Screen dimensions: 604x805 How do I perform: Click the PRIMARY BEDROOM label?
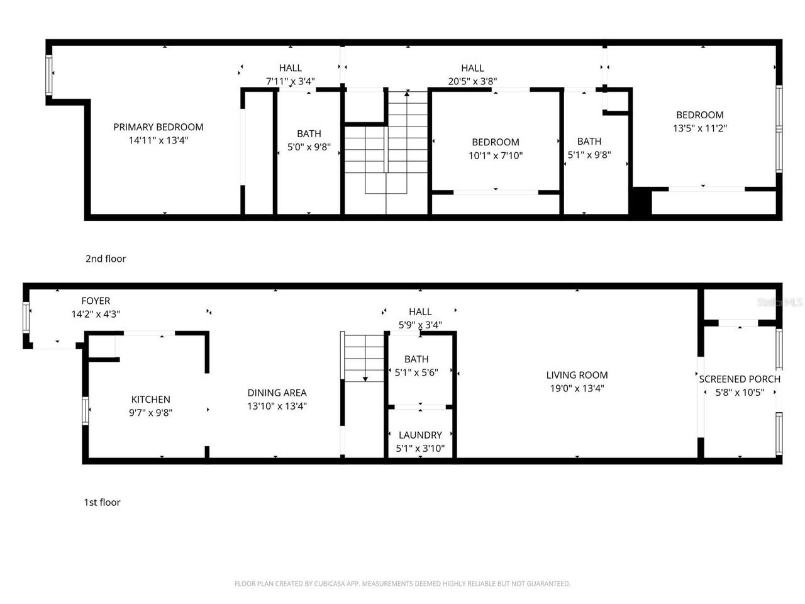click(158, 127)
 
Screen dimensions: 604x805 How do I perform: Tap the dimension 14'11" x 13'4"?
click(158, 140)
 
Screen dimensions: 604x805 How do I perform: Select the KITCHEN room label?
click(150, 400)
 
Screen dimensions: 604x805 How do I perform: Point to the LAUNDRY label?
click(420, 435)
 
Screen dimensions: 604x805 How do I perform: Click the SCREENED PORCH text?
click(740, 379)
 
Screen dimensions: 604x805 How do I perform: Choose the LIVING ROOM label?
click(577, 375)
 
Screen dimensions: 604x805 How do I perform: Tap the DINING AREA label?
click(277, 393)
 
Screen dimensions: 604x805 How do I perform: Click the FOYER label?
click(96, 301)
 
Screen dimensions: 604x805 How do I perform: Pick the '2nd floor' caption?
click(106, 259)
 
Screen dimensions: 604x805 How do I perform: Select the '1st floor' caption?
click(102, 502)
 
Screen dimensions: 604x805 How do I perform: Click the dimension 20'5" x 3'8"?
click(472, 81)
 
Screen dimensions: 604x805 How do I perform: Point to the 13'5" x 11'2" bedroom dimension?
click(699, 128)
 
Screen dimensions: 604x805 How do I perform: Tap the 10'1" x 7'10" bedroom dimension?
click(496, 155)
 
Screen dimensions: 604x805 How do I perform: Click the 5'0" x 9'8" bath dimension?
click(309, 147)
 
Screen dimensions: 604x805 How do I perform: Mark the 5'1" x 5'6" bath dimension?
click(416, 372)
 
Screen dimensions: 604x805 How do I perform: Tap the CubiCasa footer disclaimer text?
click(402, 584)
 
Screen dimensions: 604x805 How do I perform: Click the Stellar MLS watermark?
click(779, 302)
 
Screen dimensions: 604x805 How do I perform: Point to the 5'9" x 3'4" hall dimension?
click(420, 325)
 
